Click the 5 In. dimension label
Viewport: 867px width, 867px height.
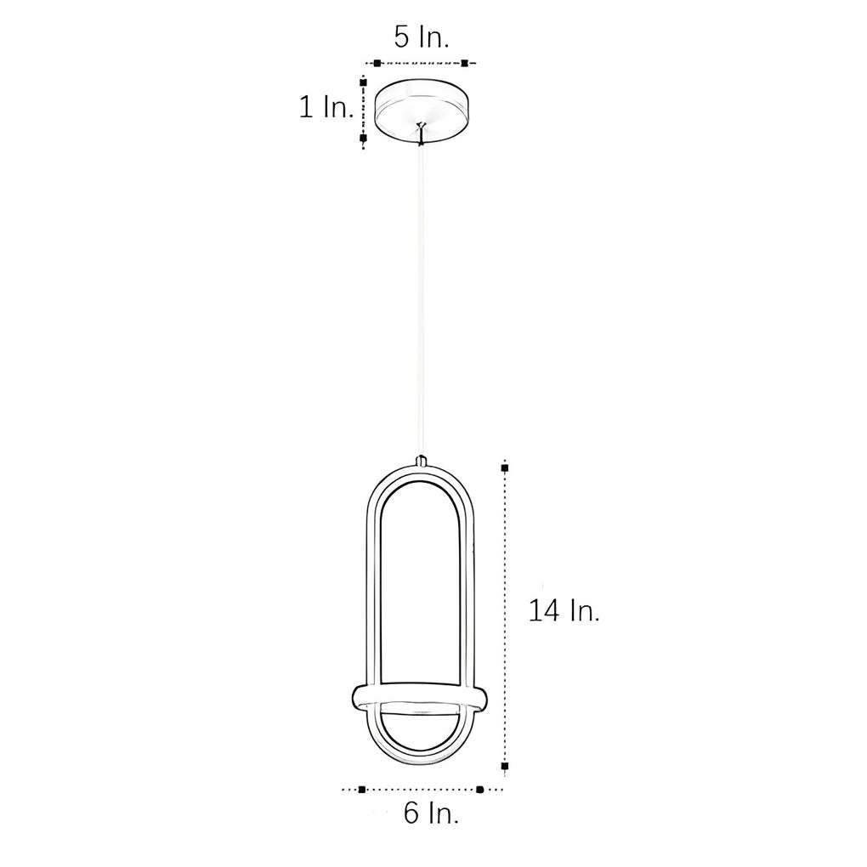421,37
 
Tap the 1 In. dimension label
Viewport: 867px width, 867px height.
326,107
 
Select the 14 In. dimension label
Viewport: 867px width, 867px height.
564,610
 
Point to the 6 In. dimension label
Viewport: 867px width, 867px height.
431,813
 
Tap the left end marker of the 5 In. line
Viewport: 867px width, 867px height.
377,63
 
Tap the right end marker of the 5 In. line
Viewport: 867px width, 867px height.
465,63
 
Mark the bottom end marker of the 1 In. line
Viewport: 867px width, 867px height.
363,137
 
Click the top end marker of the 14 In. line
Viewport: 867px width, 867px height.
505,467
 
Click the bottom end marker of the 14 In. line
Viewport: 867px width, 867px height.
505,767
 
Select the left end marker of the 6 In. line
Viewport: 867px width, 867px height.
362,789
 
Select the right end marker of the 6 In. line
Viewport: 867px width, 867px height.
479,789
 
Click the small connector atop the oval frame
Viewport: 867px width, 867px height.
421,462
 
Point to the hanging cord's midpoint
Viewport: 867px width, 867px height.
421,297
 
